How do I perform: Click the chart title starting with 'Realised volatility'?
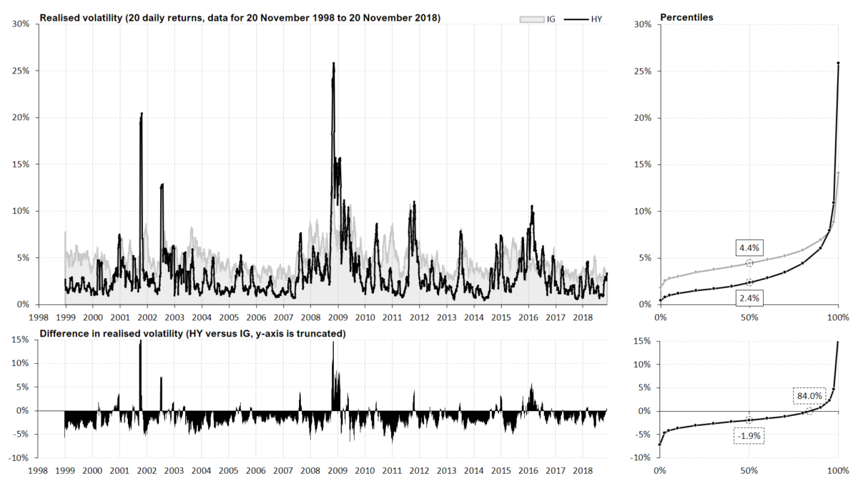point(240,16)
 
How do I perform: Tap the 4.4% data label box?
point(749,248)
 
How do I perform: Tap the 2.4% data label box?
point(749,297)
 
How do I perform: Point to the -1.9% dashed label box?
point(749,435)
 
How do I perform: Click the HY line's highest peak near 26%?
point(333,64)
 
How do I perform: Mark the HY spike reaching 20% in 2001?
point(142,114)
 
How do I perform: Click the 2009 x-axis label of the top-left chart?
point(337,316)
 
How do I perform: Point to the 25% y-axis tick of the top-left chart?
point(20,71)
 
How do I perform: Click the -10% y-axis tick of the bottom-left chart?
point(18,457)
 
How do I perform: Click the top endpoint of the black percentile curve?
point(838,64)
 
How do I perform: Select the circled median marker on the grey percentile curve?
point(749,263)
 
